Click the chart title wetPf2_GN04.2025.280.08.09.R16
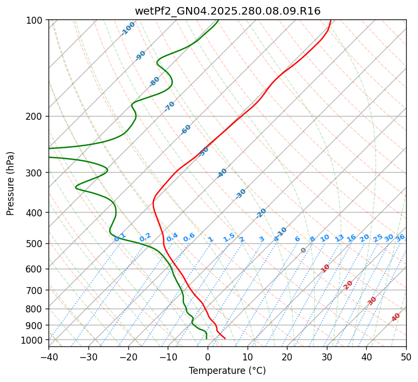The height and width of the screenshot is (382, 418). coord(228,11)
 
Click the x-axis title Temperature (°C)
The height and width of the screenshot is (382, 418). coord(227,371)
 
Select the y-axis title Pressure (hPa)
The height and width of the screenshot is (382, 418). coord(11,183)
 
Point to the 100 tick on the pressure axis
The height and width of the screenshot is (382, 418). coord(35,20)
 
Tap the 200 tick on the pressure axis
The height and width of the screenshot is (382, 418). coord(35,116)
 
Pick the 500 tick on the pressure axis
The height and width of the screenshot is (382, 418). coord(35,243)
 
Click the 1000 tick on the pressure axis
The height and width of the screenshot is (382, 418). coord(33,340)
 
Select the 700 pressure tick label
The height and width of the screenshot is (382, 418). coord(35,290)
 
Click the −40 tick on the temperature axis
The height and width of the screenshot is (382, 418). coord(49,357)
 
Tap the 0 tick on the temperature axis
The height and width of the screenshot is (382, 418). coord(208,357)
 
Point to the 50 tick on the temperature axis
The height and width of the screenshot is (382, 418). coord(406,357)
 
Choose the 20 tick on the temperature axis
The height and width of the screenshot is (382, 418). coord(287,357)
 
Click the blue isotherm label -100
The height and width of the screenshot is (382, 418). coord(128,29)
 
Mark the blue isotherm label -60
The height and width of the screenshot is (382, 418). coord(186,129)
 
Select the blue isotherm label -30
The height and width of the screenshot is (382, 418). coord(241,193)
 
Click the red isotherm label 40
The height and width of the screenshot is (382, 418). coord(396,317)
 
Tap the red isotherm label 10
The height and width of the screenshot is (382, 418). coord(325,268)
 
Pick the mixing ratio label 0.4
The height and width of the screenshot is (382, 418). coord(172,238)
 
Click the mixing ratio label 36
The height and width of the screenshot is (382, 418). coord(400,237)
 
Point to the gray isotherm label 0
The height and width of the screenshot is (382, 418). coord(304,250)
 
